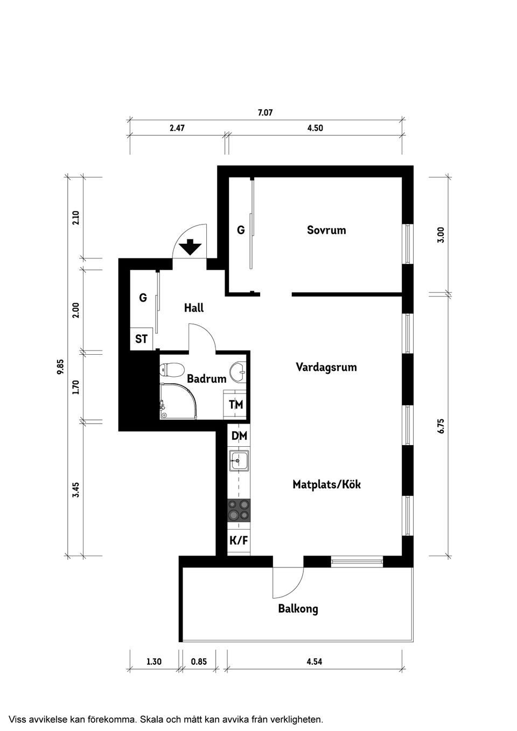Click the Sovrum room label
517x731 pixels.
(x=326, y=230)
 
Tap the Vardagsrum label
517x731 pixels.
(x=326, y=367)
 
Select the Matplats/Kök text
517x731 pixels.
(x=326, y=484)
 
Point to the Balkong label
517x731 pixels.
(x=298, y=609)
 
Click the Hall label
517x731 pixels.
(x=194, y=308)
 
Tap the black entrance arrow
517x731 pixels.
(x=190, y=247)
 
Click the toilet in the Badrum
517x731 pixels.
(x=172, y=370)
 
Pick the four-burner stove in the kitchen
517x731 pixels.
(x=239, y=510)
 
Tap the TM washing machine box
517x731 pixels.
(x=236, y=404)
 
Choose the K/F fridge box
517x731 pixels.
(x=239, y=540)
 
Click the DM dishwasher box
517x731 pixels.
(x=239, y=436)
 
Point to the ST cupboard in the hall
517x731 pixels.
(x=141, y=339)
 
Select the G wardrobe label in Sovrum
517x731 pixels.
(x=241, y=230)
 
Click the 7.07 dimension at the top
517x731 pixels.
(x=265, y=113)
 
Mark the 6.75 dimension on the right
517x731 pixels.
(x=441, y=426)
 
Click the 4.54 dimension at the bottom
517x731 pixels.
(x=314, y=662)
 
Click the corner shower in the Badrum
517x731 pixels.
(x=178, y=401)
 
